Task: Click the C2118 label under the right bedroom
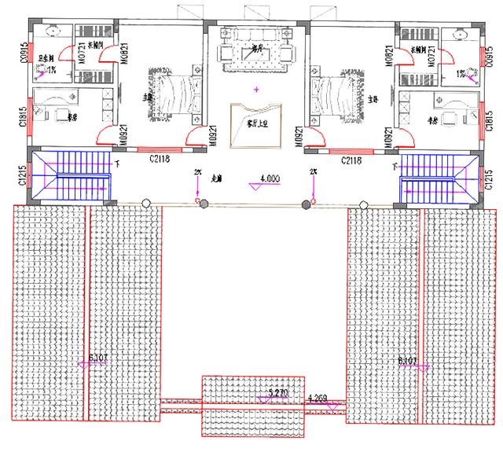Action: [x=351, y=159]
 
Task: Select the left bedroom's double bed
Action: [x=168, y=95]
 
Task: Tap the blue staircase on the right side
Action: [x=439, y=178]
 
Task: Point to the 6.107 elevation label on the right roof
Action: [x=408, y=360]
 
